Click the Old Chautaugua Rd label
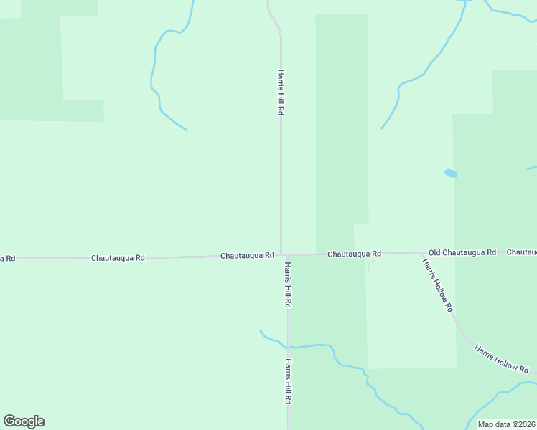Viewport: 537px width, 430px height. [x=462, y=253]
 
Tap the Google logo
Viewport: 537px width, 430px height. [x=24, y=421]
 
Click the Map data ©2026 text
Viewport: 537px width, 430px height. [x=506, y=424]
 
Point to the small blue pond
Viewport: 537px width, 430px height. [x=450, y=173]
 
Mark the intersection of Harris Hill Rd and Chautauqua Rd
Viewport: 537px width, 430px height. [x=281, y=254]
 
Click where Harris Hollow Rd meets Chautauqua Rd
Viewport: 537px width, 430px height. [x=422, y=253]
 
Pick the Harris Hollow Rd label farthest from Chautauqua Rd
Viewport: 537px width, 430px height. [x=501, y=358]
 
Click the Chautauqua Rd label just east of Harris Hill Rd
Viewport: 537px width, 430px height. [x=354, y=254]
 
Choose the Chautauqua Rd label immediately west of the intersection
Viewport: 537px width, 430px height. [x=247, y=255]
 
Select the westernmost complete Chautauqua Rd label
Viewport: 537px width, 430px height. [x=118, y=257]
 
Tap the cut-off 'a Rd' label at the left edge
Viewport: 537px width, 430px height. [x=7, y=258]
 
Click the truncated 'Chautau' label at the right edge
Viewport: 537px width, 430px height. [x=522, y=252]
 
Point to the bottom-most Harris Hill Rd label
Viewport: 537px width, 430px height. [x=288, y=382]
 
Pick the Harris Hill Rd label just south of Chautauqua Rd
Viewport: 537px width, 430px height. [x=287, y=285]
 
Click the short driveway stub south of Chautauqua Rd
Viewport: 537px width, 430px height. [x=370, y=267]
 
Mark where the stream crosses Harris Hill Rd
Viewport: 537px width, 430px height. [x=288, y=348]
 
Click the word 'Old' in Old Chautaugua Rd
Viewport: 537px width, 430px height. [x=434, y=253]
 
